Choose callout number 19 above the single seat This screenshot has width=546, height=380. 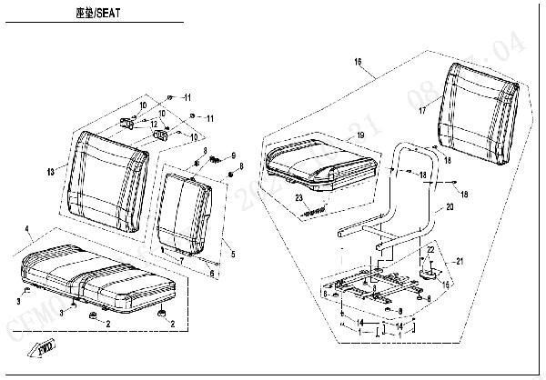coord(361,135)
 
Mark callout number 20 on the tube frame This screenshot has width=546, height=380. coord(448,207)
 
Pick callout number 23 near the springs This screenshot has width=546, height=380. coord(298,197)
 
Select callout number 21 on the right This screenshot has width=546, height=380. coord(460,261)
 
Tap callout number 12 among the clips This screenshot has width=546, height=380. coord(155,124)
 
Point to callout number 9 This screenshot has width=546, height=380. coord(233,155)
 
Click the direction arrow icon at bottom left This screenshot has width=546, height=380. coord(44,347)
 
